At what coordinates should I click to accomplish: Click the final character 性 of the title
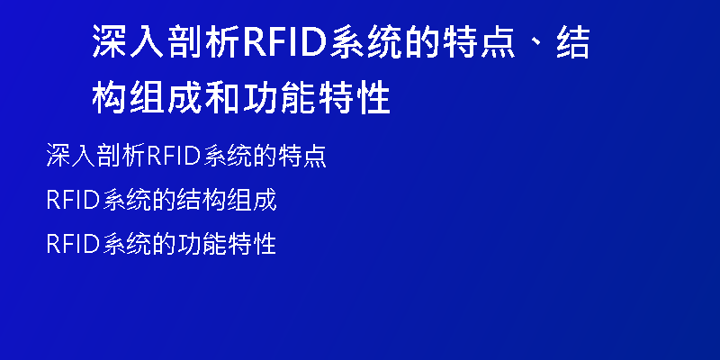coord(373,98)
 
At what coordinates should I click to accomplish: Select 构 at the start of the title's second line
coord(109,98)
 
